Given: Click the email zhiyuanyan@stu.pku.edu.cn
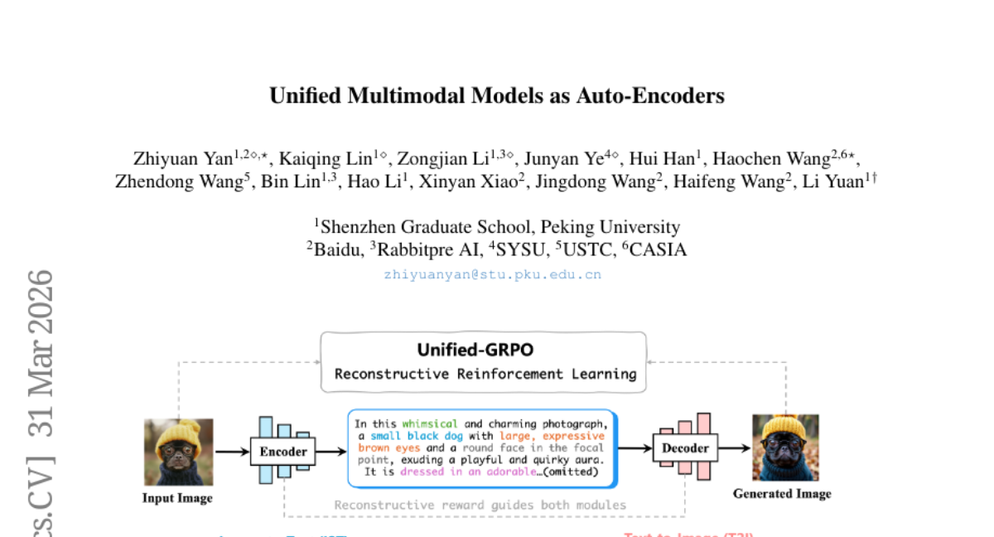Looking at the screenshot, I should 492,275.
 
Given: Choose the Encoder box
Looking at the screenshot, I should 283,452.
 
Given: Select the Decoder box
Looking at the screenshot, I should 686,448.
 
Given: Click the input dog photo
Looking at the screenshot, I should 178,452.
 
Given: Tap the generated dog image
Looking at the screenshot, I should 785,447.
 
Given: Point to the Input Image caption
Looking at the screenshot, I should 177,498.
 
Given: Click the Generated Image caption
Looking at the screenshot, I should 782,494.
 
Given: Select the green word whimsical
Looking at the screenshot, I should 430,423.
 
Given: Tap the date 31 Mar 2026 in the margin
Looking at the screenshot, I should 40,353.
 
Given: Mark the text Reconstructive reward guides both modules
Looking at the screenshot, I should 480,505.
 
